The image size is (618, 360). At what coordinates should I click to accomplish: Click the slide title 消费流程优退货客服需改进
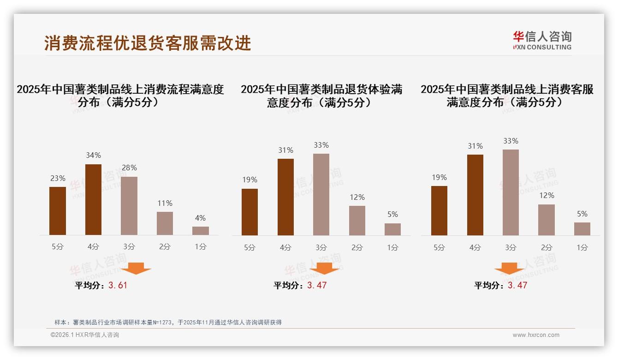[x=148, y=43]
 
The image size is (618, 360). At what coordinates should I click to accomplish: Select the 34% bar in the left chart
[x=93, y=199]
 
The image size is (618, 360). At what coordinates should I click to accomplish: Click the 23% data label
[x=58, y=178]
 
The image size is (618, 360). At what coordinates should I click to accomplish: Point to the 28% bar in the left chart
[x=129, y=206]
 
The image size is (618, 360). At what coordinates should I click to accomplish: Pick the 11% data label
[x=165, y=203]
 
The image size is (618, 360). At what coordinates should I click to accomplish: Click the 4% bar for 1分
[x=201, y=231]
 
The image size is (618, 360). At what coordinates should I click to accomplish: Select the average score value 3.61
[x=118, y=285]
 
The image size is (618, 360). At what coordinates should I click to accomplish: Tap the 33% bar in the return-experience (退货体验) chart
[x=321, y=194]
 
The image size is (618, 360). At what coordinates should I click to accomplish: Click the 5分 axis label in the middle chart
[x=250, y=247]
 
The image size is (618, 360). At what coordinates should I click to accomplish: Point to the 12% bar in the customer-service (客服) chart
[x=547, y=220]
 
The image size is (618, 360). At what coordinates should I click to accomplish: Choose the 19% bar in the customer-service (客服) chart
[x=439, y=210]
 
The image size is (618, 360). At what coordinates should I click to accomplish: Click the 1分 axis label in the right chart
[x=582, y=247]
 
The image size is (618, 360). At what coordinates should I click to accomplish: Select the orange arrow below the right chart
[x=509, y=268]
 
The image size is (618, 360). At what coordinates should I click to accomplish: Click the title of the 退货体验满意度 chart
[x=321, y=96]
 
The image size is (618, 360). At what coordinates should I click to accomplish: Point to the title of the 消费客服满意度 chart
[x=507, y=96]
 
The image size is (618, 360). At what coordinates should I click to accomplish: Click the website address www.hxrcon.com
[x=536, y=335]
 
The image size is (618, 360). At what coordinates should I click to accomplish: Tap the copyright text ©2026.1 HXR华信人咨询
[x=85, y=335]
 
